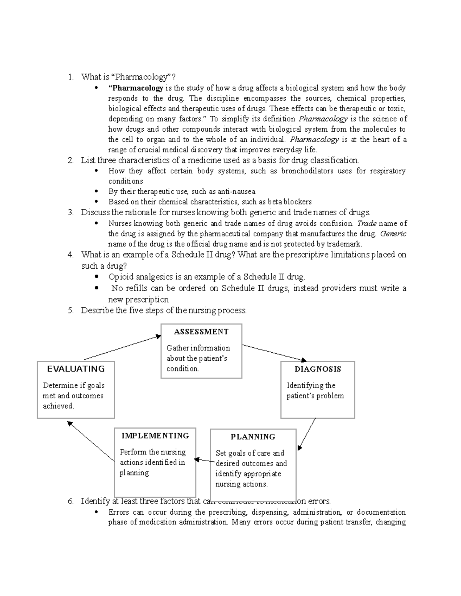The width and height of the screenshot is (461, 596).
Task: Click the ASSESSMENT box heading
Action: [201, 332]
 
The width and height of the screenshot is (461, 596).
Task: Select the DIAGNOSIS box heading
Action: [318, 369]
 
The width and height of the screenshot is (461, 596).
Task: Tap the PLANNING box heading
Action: [253, 437]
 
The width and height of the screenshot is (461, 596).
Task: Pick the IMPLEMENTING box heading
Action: [155, 436]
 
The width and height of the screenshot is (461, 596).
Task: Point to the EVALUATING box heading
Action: [76, 369]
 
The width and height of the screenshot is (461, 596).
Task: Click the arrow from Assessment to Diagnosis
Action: [274, 353]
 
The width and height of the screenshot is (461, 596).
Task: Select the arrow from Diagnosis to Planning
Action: [307, 434]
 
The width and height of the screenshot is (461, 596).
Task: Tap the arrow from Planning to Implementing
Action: [203, 460]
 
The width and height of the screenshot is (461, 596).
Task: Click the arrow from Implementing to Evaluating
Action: [91, 441]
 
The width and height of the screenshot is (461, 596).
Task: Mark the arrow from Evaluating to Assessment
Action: [122, 347]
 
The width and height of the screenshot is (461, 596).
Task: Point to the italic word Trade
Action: [366, 223]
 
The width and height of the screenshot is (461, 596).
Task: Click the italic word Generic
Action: [393, 234]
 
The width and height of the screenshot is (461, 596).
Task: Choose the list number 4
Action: [70, 255]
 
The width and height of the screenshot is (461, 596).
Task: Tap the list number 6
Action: [70, 501]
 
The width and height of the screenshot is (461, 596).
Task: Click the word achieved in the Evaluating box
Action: [58, 406]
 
